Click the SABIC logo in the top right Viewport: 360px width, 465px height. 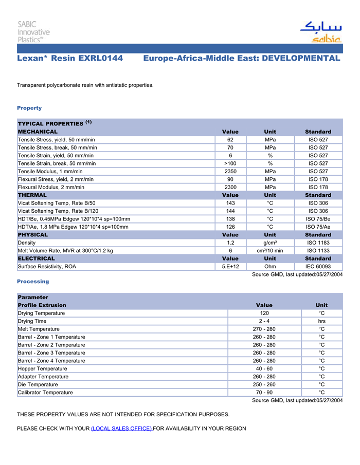click(x=321, y=32)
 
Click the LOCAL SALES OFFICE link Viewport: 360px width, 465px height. click(x=121, y=429)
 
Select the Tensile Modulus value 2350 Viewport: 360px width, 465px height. click(x=230, y=171)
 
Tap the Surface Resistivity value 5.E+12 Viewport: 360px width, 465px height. click(x=230, y=267)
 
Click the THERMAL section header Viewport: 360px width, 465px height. click(x=32, y=195)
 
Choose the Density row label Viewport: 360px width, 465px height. click(x=27, y=243)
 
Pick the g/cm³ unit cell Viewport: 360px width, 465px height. click(x=270, y=243)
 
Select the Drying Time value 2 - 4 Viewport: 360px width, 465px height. click(x=264, y=321)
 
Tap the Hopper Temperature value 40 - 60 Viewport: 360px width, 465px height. click(x=264, y=368)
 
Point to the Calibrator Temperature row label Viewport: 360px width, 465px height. click(x=45, y=393)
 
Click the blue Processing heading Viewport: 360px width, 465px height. click(x=33, y=282)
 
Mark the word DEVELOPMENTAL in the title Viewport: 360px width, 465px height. click(x=301, y=58)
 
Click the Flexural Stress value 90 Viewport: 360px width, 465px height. click(x=230, y=179)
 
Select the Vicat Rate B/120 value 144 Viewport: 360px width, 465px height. click(x=230, y=211)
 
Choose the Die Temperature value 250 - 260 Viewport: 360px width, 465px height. click(x=264, y=384)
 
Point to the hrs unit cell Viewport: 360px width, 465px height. click(x=321, y=321)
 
